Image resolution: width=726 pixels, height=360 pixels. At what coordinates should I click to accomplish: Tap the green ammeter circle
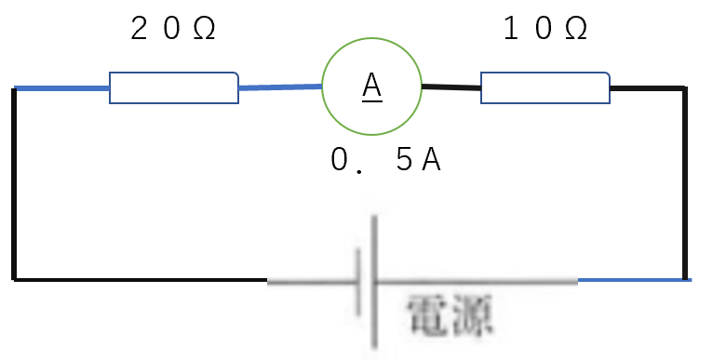[371, 38]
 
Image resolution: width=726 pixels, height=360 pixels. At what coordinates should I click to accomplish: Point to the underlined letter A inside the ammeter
[371, 87]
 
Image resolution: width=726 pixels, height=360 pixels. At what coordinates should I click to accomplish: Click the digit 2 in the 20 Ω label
[139, 28]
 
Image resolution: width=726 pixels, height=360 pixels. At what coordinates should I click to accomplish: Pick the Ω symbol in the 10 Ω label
[576, 29]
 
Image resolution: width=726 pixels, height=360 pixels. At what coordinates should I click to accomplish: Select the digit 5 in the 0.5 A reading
[404, 160]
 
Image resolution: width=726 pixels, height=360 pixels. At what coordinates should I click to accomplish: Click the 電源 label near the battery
[449, 315]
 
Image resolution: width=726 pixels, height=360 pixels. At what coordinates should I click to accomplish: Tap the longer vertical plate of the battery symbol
[373, 281]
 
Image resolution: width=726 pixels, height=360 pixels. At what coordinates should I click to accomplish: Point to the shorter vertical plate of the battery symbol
[358, 281]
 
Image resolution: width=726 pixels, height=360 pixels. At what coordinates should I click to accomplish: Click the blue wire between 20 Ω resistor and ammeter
[280, 87]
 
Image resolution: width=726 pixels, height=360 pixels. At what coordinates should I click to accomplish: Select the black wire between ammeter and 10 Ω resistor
[451, 87]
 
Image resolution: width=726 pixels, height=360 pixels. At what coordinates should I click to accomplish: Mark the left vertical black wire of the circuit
[14, 184]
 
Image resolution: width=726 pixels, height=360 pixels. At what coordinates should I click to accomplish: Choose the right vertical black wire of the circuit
[685, 183]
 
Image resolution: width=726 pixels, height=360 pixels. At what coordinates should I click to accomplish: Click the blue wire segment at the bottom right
[635, 280]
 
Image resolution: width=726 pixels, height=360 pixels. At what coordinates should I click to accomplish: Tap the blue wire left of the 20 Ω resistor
[61, 88]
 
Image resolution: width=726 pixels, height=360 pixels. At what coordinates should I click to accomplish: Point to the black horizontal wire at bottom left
[141, 280]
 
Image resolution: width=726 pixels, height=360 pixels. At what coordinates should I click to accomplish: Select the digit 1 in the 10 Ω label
[510, 28]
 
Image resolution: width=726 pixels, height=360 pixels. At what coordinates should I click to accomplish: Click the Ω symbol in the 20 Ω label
[204, 29]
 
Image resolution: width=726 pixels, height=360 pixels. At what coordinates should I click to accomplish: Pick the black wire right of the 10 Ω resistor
[647, 87]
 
